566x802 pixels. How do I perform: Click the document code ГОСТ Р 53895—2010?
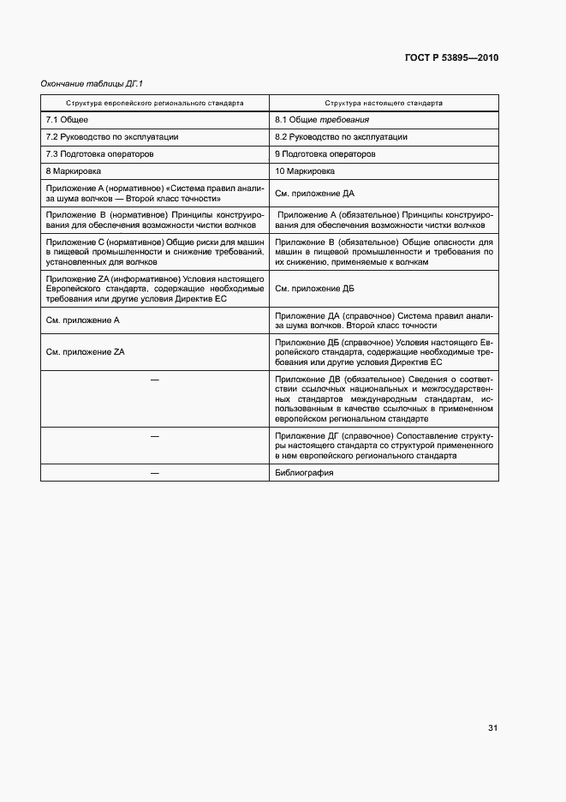point(451,58)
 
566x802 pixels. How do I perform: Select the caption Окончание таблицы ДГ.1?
point(92,83)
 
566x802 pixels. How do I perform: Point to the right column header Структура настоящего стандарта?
point(384,102)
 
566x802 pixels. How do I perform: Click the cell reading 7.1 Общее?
point(67,119)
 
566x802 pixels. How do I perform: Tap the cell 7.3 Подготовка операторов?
point(99,153)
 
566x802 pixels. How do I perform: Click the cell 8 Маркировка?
point(74,171)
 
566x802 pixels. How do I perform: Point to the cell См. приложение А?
point(82,320)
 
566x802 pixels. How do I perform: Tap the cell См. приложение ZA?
point(85,351)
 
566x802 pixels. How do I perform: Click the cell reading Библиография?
point(304,473)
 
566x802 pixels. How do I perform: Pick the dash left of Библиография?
point(155,473)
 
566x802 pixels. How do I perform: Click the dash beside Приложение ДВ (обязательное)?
point(155,379)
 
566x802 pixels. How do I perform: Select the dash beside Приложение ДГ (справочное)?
point(155,436)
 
